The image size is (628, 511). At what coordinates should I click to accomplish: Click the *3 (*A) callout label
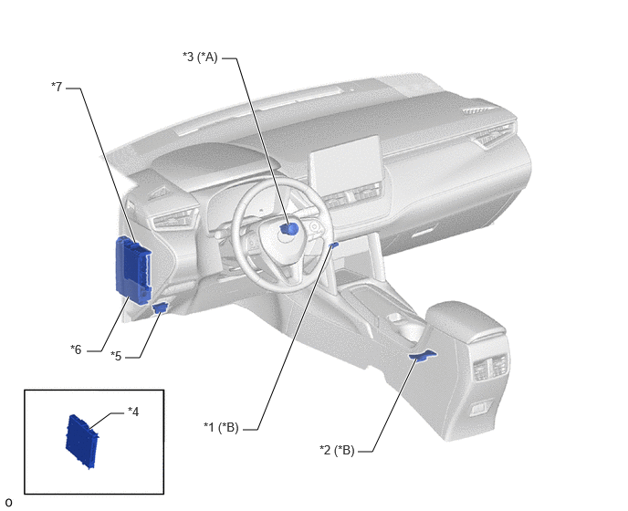click(x=200, y=57)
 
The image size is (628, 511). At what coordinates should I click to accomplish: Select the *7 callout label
click(x=57, y=87)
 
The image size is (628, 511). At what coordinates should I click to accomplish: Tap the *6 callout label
click(x=76, y=349)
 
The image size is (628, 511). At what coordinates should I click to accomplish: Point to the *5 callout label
click(x=116, y=356)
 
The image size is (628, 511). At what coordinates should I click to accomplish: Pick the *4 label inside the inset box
click(x=133, y=412)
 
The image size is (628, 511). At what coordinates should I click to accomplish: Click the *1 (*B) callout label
click(x=221, y=427)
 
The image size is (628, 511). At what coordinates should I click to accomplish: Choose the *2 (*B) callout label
click(x=337, y=450)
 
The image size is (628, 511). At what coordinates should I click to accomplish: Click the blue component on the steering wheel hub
click(x=289, y=229)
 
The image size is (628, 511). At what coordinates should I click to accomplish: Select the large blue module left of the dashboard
click(x=133, y=271)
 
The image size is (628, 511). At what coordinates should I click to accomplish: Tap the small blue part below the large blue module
click(x=161, y=308)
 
